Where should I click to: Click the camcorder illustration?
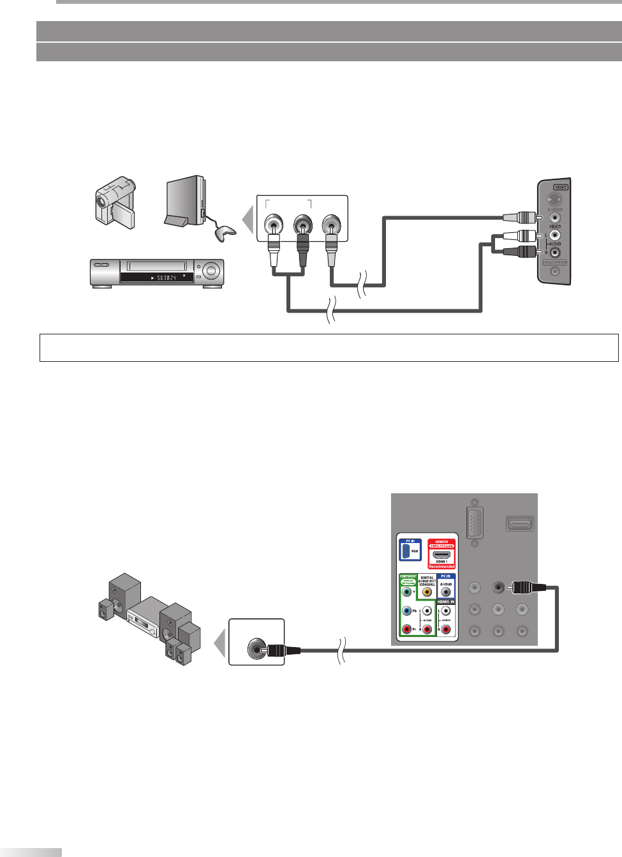(115, 202)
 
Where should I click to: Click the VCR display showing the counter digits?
(157, 278)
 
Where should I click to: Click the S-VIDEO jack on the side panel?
(555, 200)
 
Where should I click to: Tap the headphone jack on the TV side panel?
(555, 271)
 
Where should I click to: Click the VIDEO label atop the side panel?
(560, 187)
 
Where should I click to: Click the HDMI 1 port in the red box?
(441, 555)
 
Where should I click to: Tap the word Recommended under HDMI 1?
(441, 566)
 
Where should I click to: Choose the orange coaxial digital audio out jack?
(427, 592)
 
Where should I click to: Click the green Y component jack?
(406, 592)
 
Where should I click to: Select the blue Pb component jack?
(406, 611)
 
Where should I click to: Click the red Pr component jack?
(406, 629)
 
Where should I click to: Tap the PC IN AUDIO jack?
(446, 592)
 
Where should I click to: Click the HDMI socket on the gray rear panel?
(520, 524)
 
